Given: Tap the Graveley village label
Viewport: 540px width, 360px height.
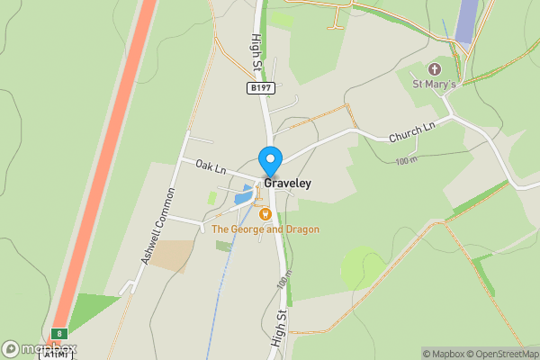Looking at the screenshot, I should pos(287,183).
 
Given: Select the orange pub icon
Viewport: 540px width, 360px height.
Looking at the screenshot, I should pos(265,214).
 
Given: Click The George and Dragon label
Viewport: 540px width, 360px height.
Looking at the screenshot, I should pos(265,229).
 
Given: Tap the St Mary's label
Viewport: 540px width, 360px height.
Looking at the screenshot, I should pos(434,85).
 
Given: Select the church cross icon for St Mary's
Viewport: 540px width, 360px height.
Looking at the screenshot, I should pos(435,69).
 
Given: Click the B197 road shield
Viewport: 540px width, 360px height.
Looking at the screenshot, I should pos(261,87).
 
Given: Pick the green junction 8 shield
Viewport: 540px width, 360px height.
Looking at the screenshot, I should pos(60,334).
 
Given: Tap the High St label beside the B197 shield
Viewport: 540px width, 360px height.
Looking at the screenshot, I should pos(256,54).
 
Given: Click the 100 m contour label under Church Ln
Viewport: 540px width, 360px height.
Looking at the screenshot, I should pos(407,160).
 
